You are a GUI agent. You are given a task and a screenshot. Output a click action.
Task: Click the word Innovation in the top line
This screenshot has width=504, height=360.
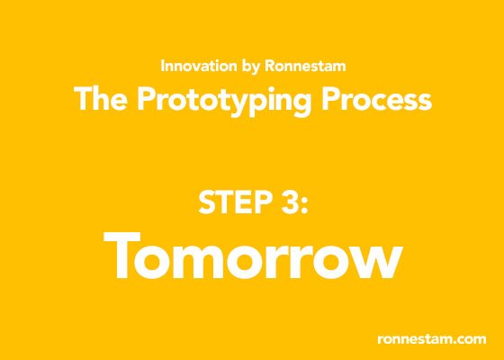(x=199, y=66)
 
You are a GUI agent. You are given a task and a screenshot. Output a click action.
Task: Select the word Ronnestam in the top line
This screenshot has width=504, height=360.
(x=305, y=66)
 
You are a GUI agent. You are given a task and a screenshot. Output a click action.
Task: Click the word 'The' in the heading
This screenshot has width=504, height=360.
(x=100, y=99)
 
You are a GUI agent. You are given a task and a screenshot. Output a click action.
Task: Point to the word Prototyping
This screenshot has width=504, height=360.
(x=224, y=101)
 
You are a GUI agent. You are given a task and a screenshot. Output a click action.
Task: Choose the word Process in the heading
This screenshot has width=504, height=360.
(x=377, y=99)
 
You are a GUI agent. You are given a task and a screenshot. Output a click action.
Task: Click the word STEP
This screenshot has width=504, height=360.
(x=234, y=202)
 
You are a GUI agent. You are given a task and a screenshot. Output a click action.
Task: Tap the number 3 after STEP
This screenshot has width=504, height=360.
(x=288, y=202)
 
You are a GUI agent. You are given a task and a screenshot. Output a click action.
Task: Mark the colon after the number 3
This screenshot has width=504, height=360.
(x=304, y=206)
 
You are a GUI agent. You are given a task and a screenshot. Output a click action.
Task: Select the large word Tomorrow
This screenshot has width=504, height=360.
(x=253, y=256)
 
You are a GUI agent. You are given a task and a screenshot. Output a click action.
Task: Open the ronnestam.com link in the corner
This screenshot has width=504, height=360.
(x=432, y=339)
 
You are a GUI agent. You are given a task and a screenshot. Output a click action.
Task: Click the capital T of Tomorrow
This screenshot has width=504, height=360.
(x=122, y=256)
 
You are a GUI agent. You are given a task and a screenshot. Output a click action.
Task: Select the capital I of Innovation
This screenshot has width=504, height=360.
(x=162, y=66)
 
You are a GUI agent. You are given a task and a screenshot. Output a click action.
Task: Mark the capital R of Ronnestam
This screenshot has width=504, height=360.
(x=270, y=66)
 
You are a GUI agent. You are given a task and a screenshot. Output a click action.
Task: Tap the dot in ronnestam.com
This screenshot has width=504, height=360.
(x=457, y=343)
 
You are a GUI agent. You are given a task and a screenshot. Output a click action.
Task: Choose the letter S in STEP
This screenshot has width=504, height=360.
(x=206, y=202)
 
